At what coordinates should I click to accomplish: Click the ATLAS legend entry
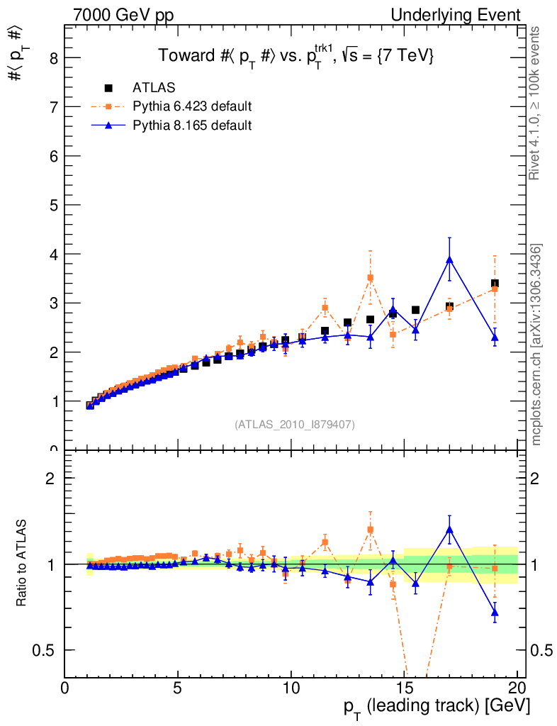pos(154,88)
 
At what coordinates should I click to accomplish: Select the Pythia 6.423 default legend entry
pos(192,107)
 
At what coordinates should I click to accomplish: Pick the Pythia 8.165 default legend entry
pos(192,125)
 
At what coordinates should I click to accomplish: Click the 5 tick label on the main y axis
pos(53,205)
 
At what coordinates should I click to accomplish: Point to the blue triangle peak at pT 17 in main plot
pos(449,259)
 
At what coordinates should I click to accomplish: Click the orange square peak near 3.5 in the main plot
pos(370,278)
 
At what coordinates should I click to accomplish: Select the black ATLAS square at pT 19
pos(495,284)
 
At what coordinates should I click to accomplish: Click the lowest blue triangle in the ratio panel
pos(495,612)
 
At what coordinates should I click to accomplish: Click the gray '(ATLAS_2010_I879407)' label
pos(295,424)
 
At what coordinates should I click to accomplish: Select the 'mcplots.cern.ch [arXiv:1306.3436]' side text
pos(536,345)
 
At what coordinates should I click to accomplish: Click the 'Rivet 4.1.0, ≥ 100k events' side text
pos(536,104)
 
